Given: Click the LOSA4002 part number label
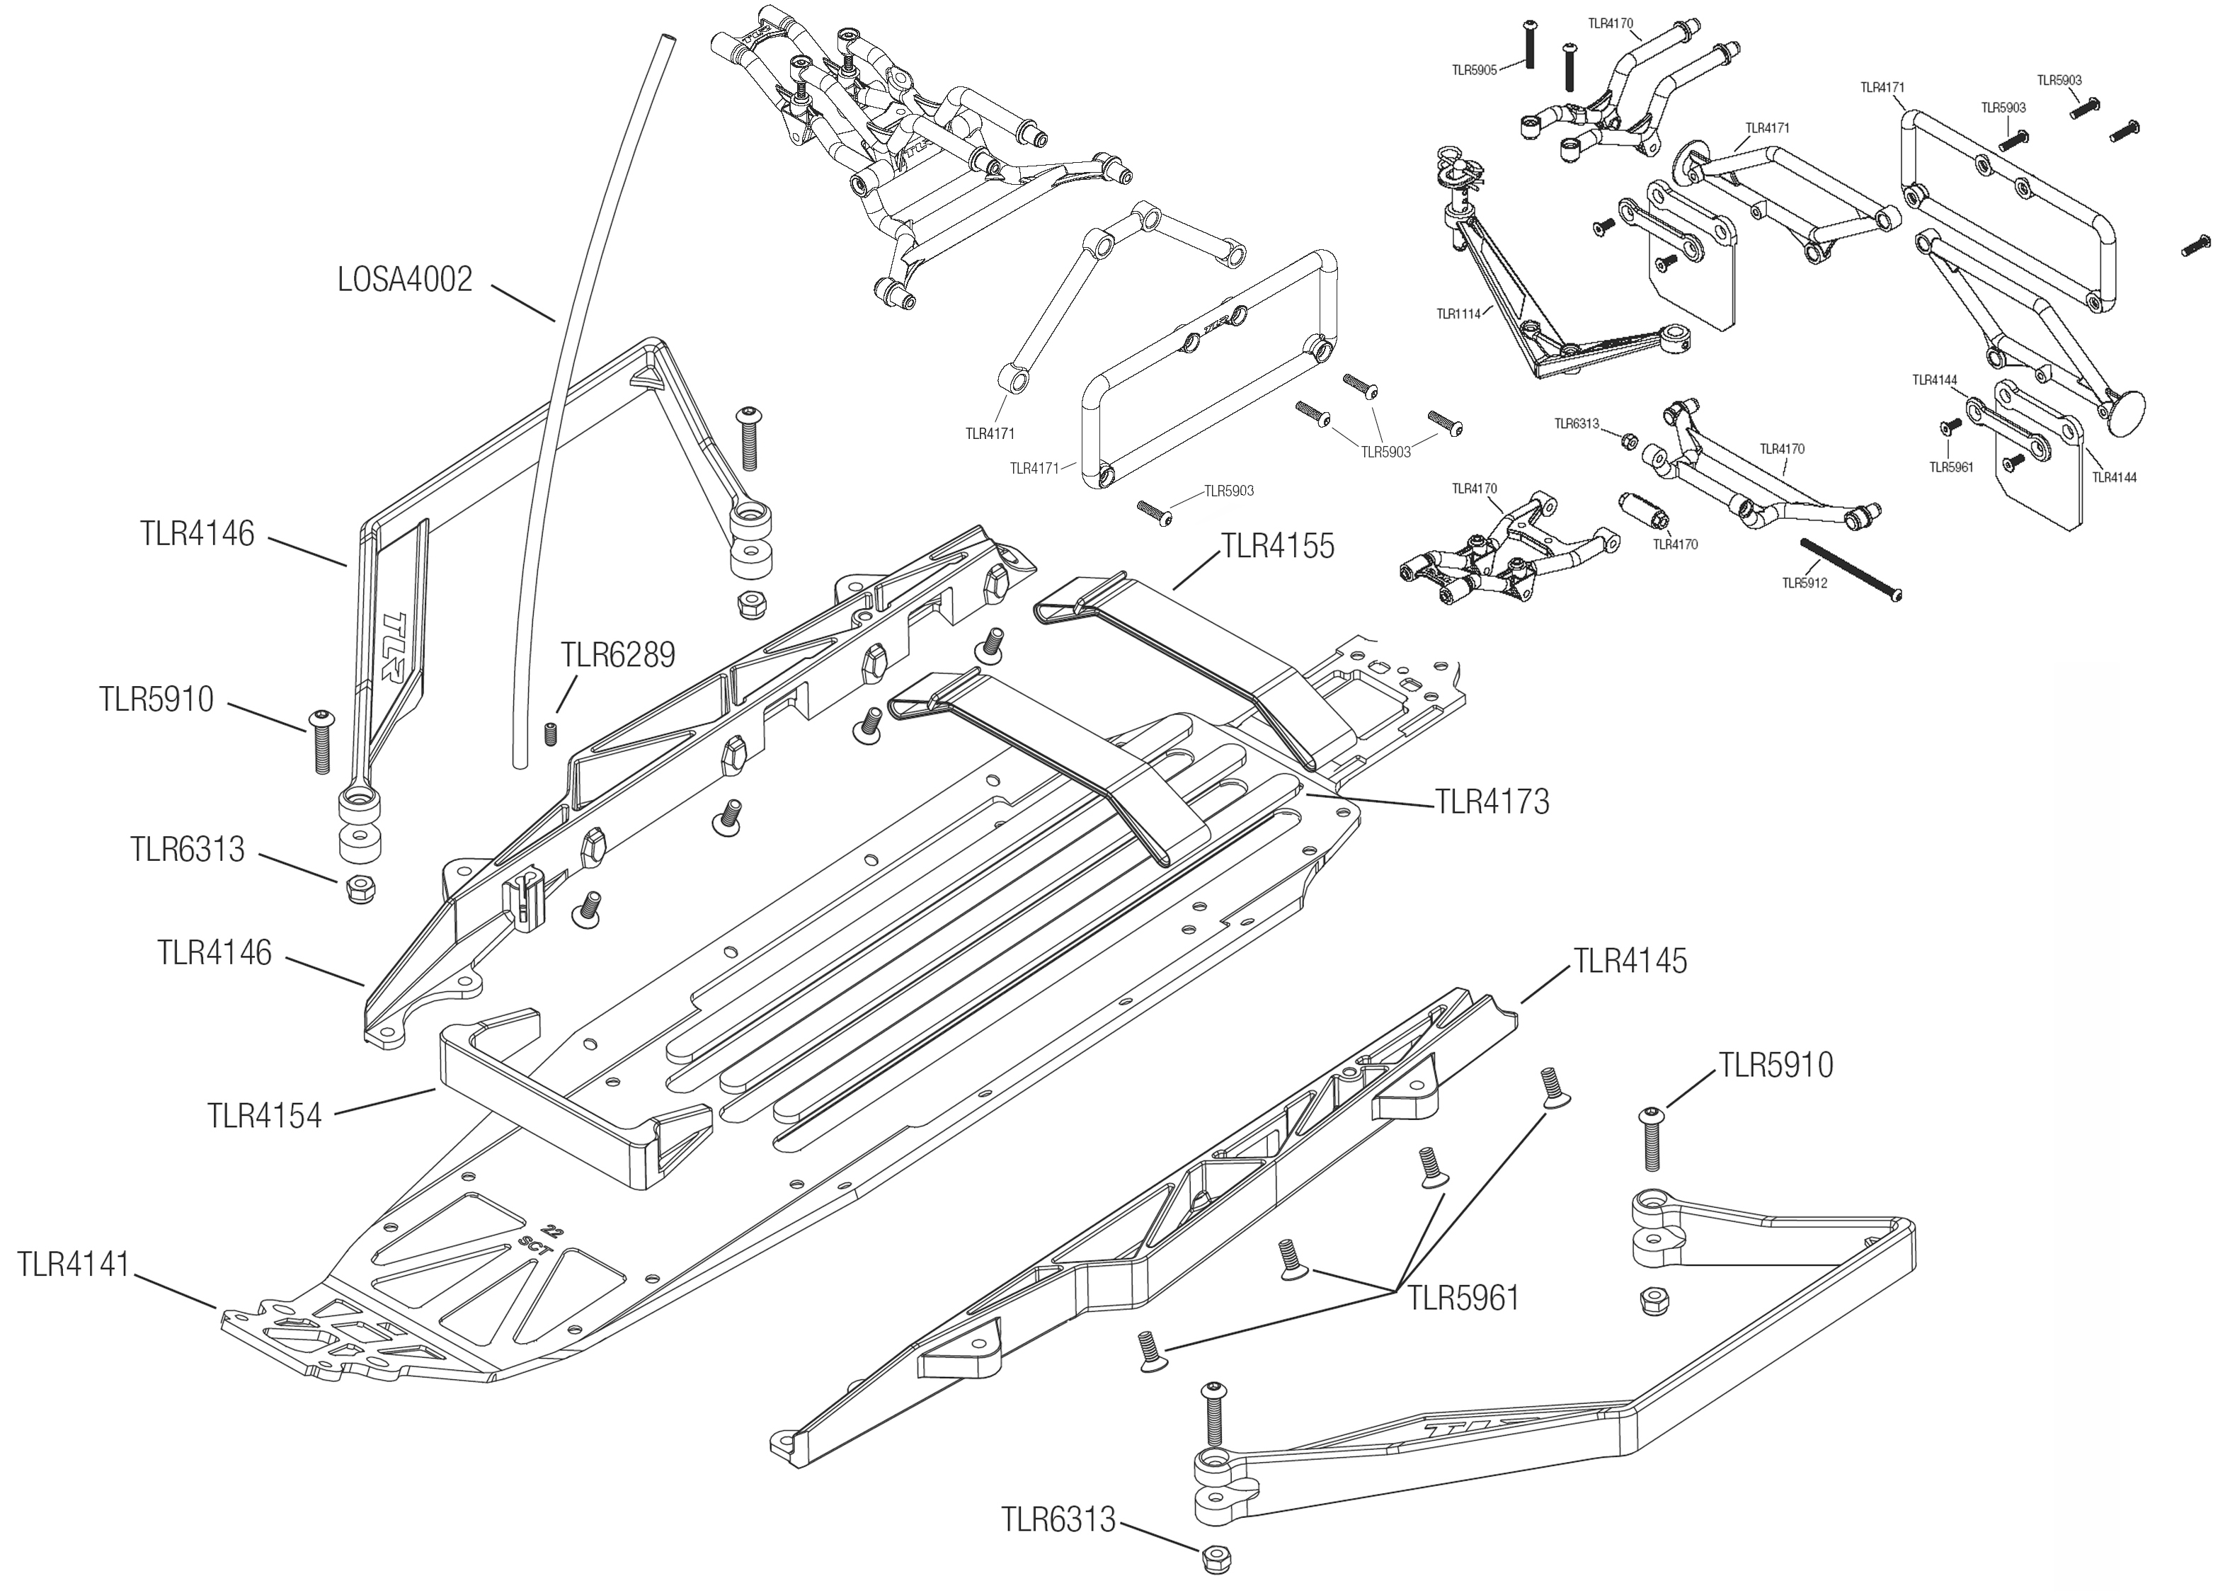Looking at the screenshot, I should point(405,280).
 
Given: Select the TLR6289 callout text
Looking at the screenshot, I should point(618,654).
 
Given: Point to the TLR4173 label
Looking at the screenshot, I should point(1492,802).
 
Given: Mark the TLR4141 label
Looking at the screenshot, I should point(74,1264).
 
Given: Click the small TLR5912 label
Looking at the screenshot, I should point(1805,583).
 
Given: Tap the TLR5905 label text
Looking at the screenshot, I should point(1474,71).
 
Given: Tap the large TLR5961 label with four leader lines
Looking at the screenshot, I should point(1463,1298).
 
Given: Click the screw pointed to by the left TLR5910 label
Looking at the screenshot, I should point(321,741).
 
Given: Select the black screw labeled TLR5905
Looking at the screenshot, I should point(1528,43).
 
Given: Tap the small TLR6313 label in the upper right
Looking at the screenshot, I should point(1576,424).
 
